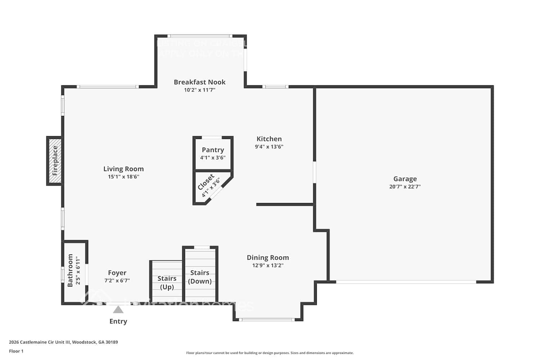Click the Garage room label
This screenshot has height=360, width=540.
tap(405, 179)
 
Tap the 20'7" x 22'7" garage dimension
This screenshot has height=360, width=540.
tap(405, 186)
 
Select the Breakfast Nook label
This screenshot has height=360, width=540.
tap(199, 82)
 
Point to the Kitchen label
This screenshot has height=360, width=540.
tap(269, 139)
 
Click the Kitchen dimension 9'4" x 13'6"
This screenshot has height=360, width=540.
tap(269, 147)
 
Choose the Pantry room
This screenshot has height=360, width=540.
tap(213, 153)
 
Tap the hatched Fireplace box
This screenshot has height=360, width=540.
tap(55, 161)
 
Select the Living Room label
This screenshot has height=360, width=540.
tap(123, 169)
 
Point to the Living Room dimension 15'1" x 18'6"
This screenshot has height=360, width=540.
tap(123, 177)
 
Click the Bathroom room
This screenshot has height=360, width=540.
tap(75, 271)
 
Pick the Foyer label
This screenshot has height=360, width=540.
tap(117, 273)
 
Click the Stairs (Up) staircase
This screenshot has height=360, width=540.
tap(167, 282)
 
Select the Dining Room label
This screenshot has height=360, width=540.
tap(267, 257)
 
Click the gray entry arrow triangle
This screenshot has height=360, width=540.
tap(118, 310)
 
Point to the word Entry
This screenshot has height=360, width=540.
tap(118, 321)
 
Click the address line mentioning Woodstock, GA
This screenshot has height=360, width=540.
tap(63, 342)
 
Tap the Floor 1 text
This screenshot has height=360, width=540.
tap(16, 351)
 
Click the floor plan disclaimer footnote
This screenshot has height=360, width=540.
tap(270, 353)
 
